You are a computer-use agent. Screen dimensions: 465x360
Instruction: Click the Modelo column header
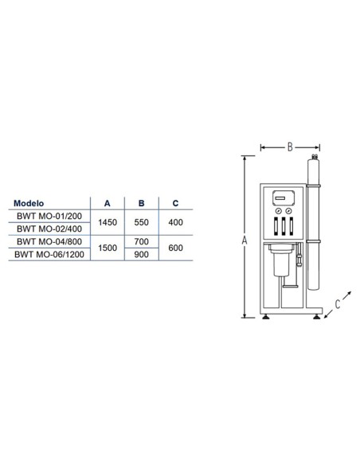[x=33, y=202]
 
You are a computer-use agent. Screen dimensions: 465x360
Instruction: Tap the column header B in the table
[x=140, y=202]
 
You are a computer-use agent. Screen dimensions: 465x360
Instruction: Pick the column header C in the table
[x=174, y=202]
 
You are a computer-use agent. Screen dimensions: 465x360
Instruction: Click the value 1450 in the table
[x=107, y=221]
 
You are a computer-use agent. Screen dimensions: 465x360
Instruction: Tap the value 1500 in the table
[x=107, y=248]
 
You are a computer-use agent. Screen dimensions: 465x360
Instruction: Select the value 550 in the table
[x=140, y=221]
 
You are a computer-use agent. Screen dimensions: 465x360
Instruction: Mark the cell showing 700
[x=140, y=241]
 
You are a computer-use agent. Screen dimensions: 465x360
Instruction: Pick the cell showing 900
[x=140, y=255]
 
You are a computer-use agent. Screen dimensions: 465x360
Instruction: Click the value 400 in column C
[x=174, y=221]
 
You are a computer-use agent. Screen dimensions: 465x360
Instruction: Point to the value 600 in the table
[x=174, y=248]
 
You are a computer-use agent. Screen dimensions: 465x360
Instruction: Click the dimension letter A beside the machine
[x=245, y=240]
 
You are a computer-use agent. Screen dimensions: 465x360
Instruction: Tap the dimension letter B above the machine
[x=291, y=147]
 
